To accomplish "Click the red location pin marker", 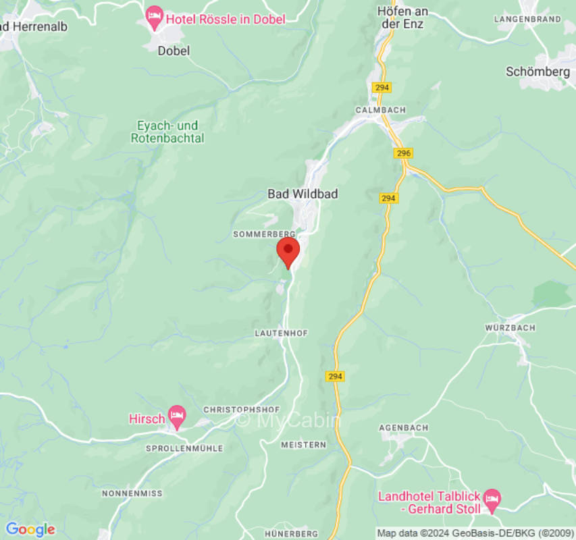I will click(x=288, y=251).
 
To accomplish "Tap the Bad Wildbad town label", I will click(x=303, y=194).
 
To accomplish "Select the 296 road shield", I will click(x=403, y=154).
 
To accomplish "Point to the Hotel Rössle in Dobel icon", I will click(x=155, y=18).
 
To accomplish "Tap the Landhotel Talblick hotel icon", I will click(x=492, y=499).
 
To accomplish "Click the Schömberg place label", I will click(x=538, y=72).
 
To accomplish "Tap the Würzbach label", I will click(x=510, y=327).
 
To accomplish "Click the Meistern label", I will click(x=303, y=445).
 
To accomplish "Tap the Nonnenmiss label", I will click(x=132, y=493).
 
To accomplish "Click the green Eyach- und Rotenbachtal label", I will click(x=168, y=132).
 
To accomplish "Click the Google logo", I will click(x=30, y=529).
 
